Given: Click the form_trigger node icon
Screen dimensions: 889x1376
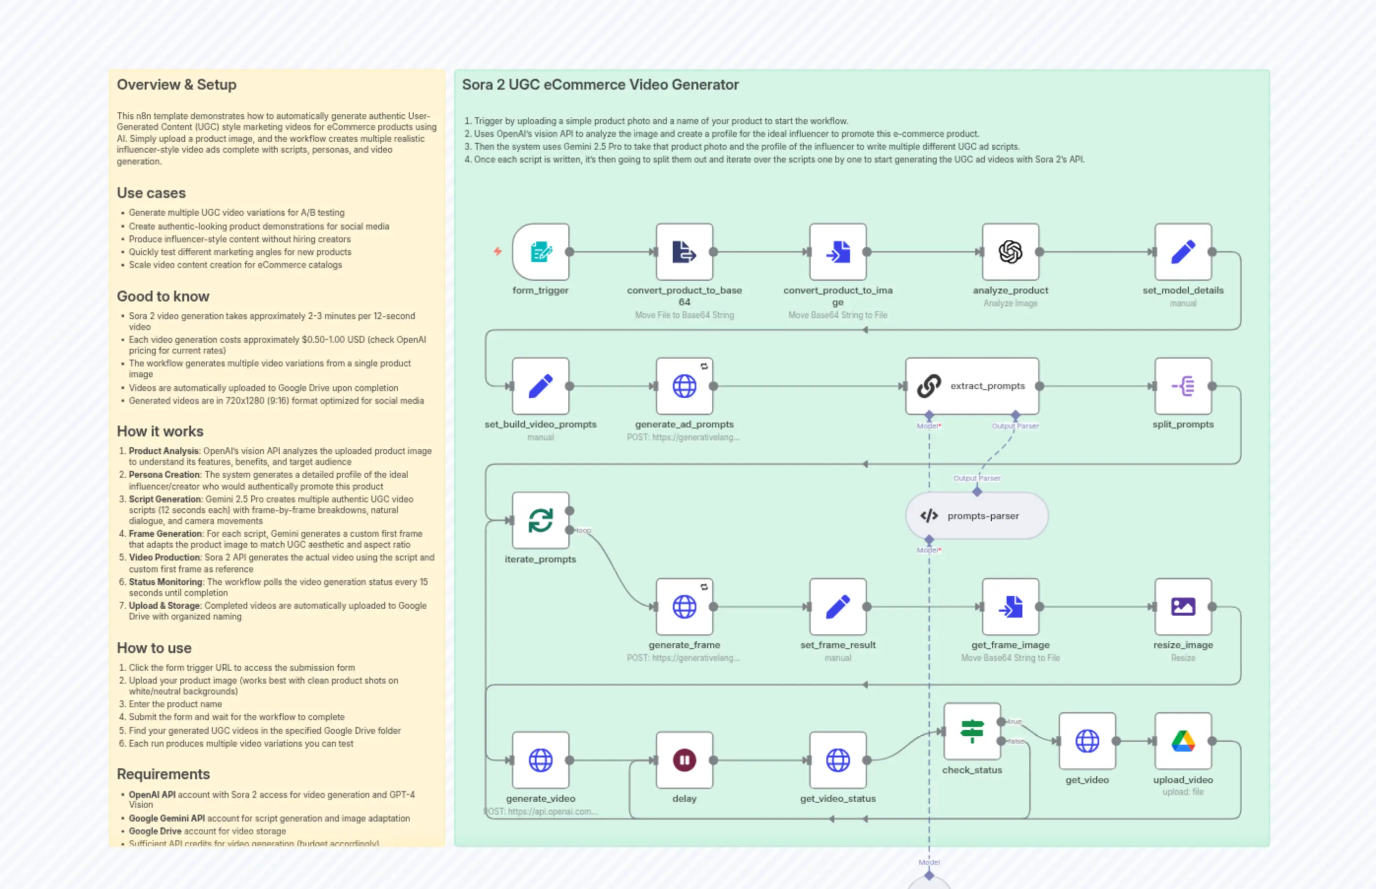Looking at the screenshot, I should pos(540,252).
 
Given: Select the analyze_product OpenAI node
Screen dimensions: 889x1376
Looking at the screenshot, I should pos(1010,252).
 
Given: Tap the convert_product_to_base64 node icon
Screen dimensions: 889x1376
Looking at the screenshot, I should pos(684,252).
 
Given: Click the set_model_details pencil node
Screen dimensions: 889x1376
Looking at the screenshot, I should pos(1182,252).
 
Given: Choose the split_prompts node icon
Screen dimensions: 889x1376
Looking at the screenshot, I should pos(1182,386).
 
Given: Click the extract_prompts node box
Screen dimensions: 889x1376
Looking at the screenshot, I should pos(972,386).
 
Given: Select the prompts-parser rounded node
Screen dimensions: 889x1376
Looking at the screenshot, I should pos(977,516).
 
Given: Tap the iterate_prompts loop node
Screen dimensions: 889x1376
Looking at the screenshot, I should pos(540,520).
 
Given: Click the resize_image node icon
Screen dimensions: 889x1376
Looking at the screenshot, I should pos(1182,606).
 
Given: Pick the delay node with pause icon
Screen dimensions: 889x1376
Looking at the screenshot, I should pos(684,759).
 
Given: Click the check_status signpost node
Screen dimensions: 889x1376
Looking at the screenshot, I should pos(972,731).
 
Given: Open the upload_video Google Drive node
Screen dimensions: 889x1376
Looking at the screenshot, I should pos(1182,741).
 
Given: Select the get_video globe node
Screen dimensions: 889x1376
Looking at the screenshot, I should pos(1087,741).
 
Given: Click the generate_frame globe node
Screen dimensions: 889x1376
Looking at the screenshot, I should pos(684,606).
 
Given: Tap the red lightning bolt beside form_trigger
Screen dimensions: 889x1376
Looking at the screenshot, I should pos(497,251).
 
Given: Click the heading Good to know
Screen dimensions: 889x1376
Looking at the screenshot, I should pos(163,296).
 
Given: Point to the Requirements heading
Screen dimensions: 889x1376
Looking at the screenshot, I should pos(164,774).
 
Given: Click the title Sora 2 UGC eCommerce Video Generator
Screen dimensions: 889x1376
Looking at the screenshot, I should pos(600,84).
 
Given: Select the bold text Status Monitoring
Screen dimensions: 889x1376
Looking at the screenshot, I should pos(165,582).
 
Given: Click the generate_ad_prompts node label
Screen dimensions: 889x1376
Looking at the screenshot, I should pos(684,424).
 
